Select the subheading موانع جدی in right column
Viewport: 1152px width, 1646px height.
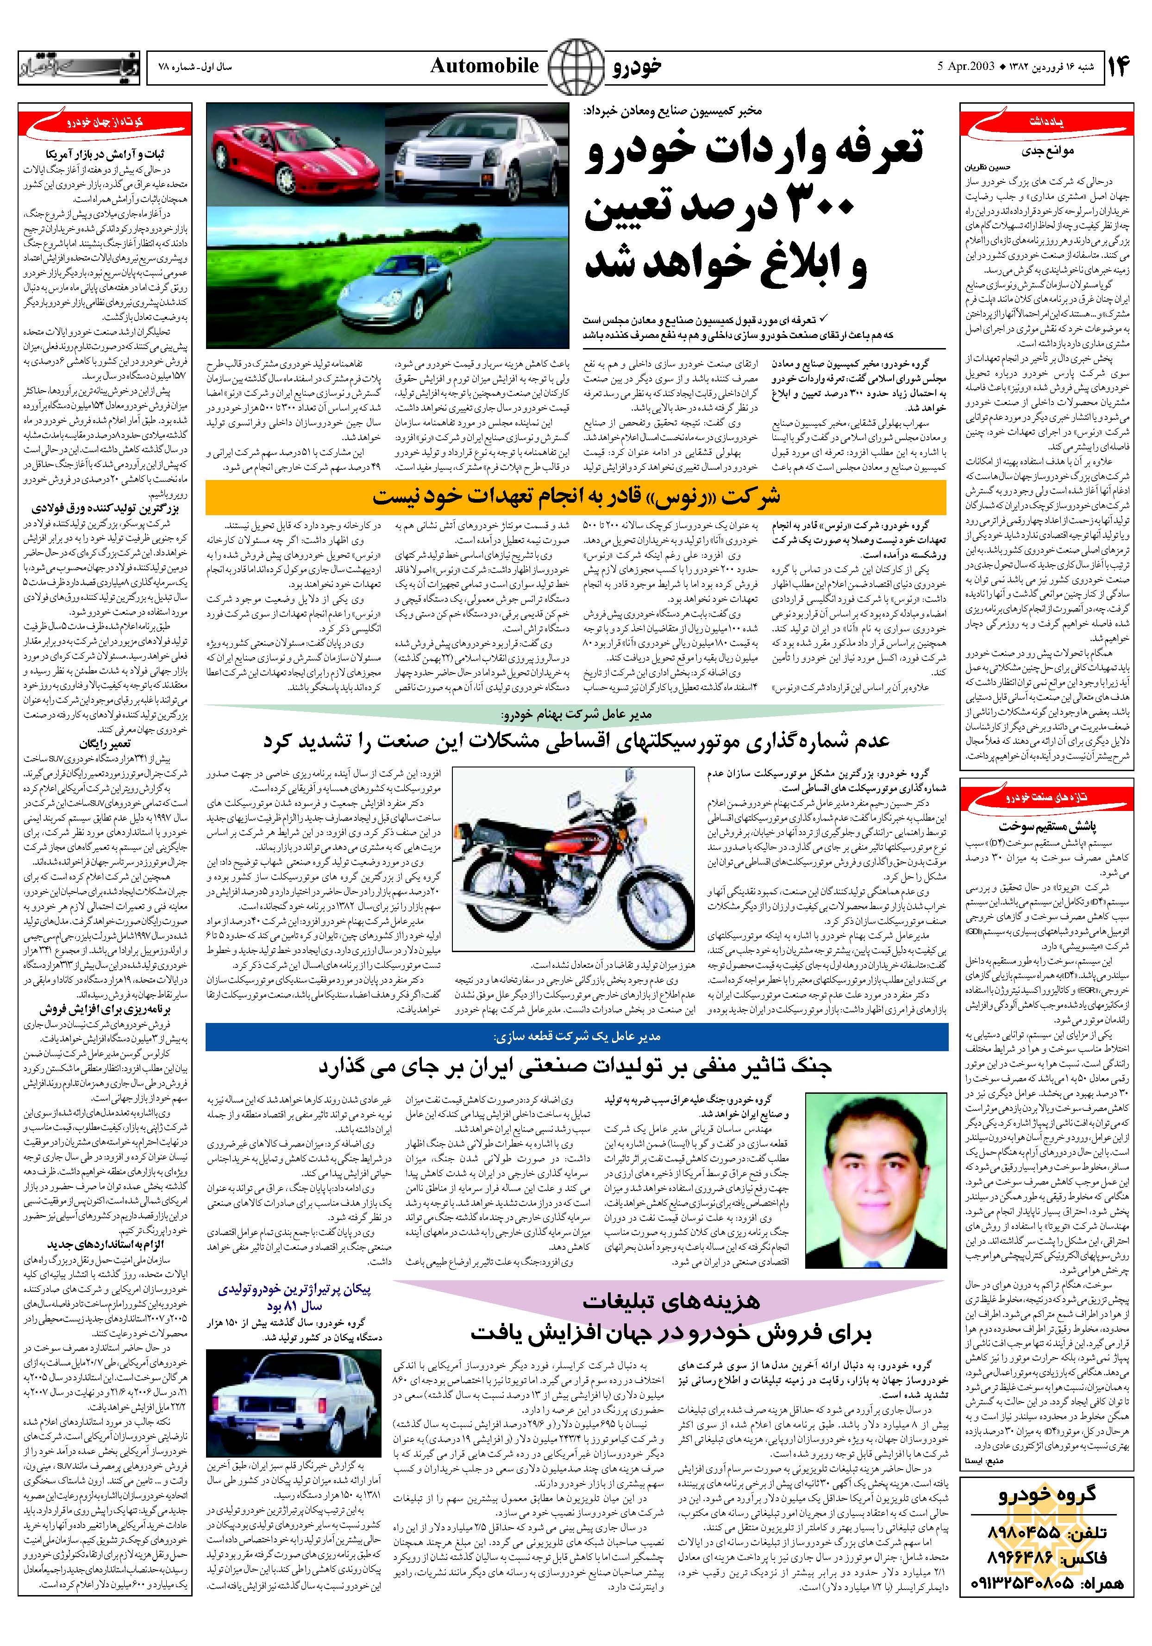[x=1046, y=151]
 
